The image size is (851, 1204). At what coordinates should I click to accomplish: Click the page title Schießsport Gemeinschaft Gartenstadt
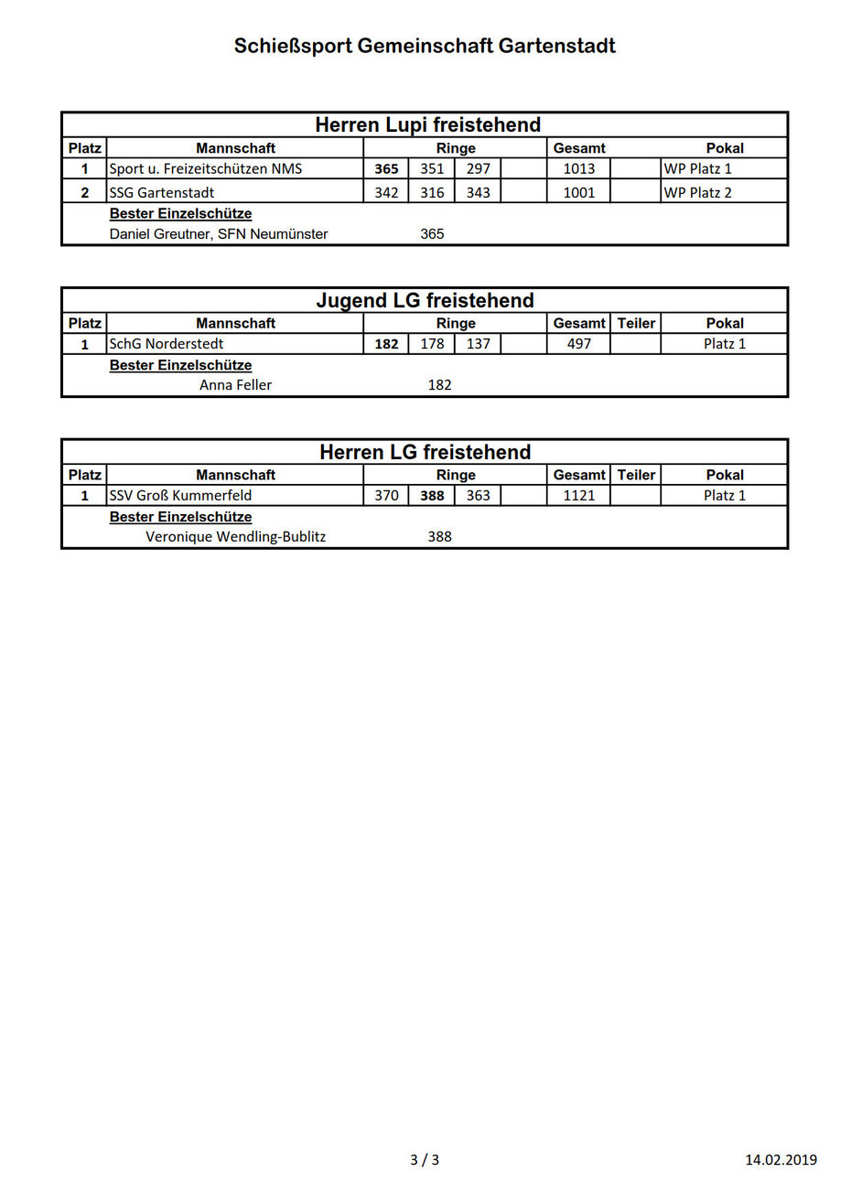click(x=425, y=46)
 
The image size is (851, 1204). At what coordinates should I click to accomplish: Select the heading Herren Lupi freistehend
click(x=427, y=124)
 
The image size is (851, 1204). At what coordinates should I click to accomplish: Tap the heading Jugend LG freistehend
click(x=425, y=300)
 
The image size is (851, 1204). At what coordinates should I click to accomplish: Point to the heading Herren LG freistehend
click(x=425, y=452)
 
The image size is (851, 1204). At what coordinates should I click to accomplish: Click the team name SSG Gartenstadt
click(x=162, y=192)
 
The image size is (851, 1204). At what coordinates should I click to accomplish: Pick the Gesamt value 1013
click(x=578, y=168)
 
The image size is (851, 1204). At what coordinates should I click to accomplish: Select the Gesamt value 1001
click(x=578, y=192)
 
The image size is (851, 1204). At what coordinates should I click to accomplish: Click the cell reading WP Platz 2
click(x=697, y=192)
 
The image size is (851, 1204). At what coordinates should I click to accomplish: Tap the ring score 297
click(x=478, y=168)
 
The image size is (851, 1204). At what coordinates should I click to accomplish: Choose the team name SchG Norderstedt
click(x=167, y=344)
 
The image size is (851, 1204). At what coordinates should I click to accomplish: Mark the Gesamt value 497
click(x=578, y=344)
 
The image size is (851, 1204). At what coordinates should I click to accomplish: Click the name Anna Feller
click(x=235, y=385)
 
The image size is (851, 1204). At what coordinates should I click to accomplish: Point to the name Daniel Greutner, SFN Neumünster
click(x=219, y=234)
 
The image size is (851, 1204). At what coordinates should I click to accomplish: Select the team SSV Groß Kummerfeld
click(x=180, y=495)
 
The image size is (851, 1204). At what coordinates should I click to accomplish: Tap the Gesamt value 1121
click(x=578, y=495)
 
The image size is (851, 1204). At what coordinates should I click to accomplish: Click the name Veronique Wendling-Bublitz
click(x=235, y=537)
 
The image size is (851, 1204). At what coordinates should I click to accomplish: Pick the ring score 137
click(x=478, y=344)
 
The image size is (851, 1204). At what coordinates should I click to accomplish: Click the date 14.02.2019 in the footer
click(x=781, y=1160)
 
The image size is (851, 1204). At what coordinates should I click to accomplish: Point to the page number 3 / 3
click(x=425, y=1160)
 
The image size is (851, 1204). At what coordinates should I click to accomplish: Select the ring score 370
click(x=386, y=495)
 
